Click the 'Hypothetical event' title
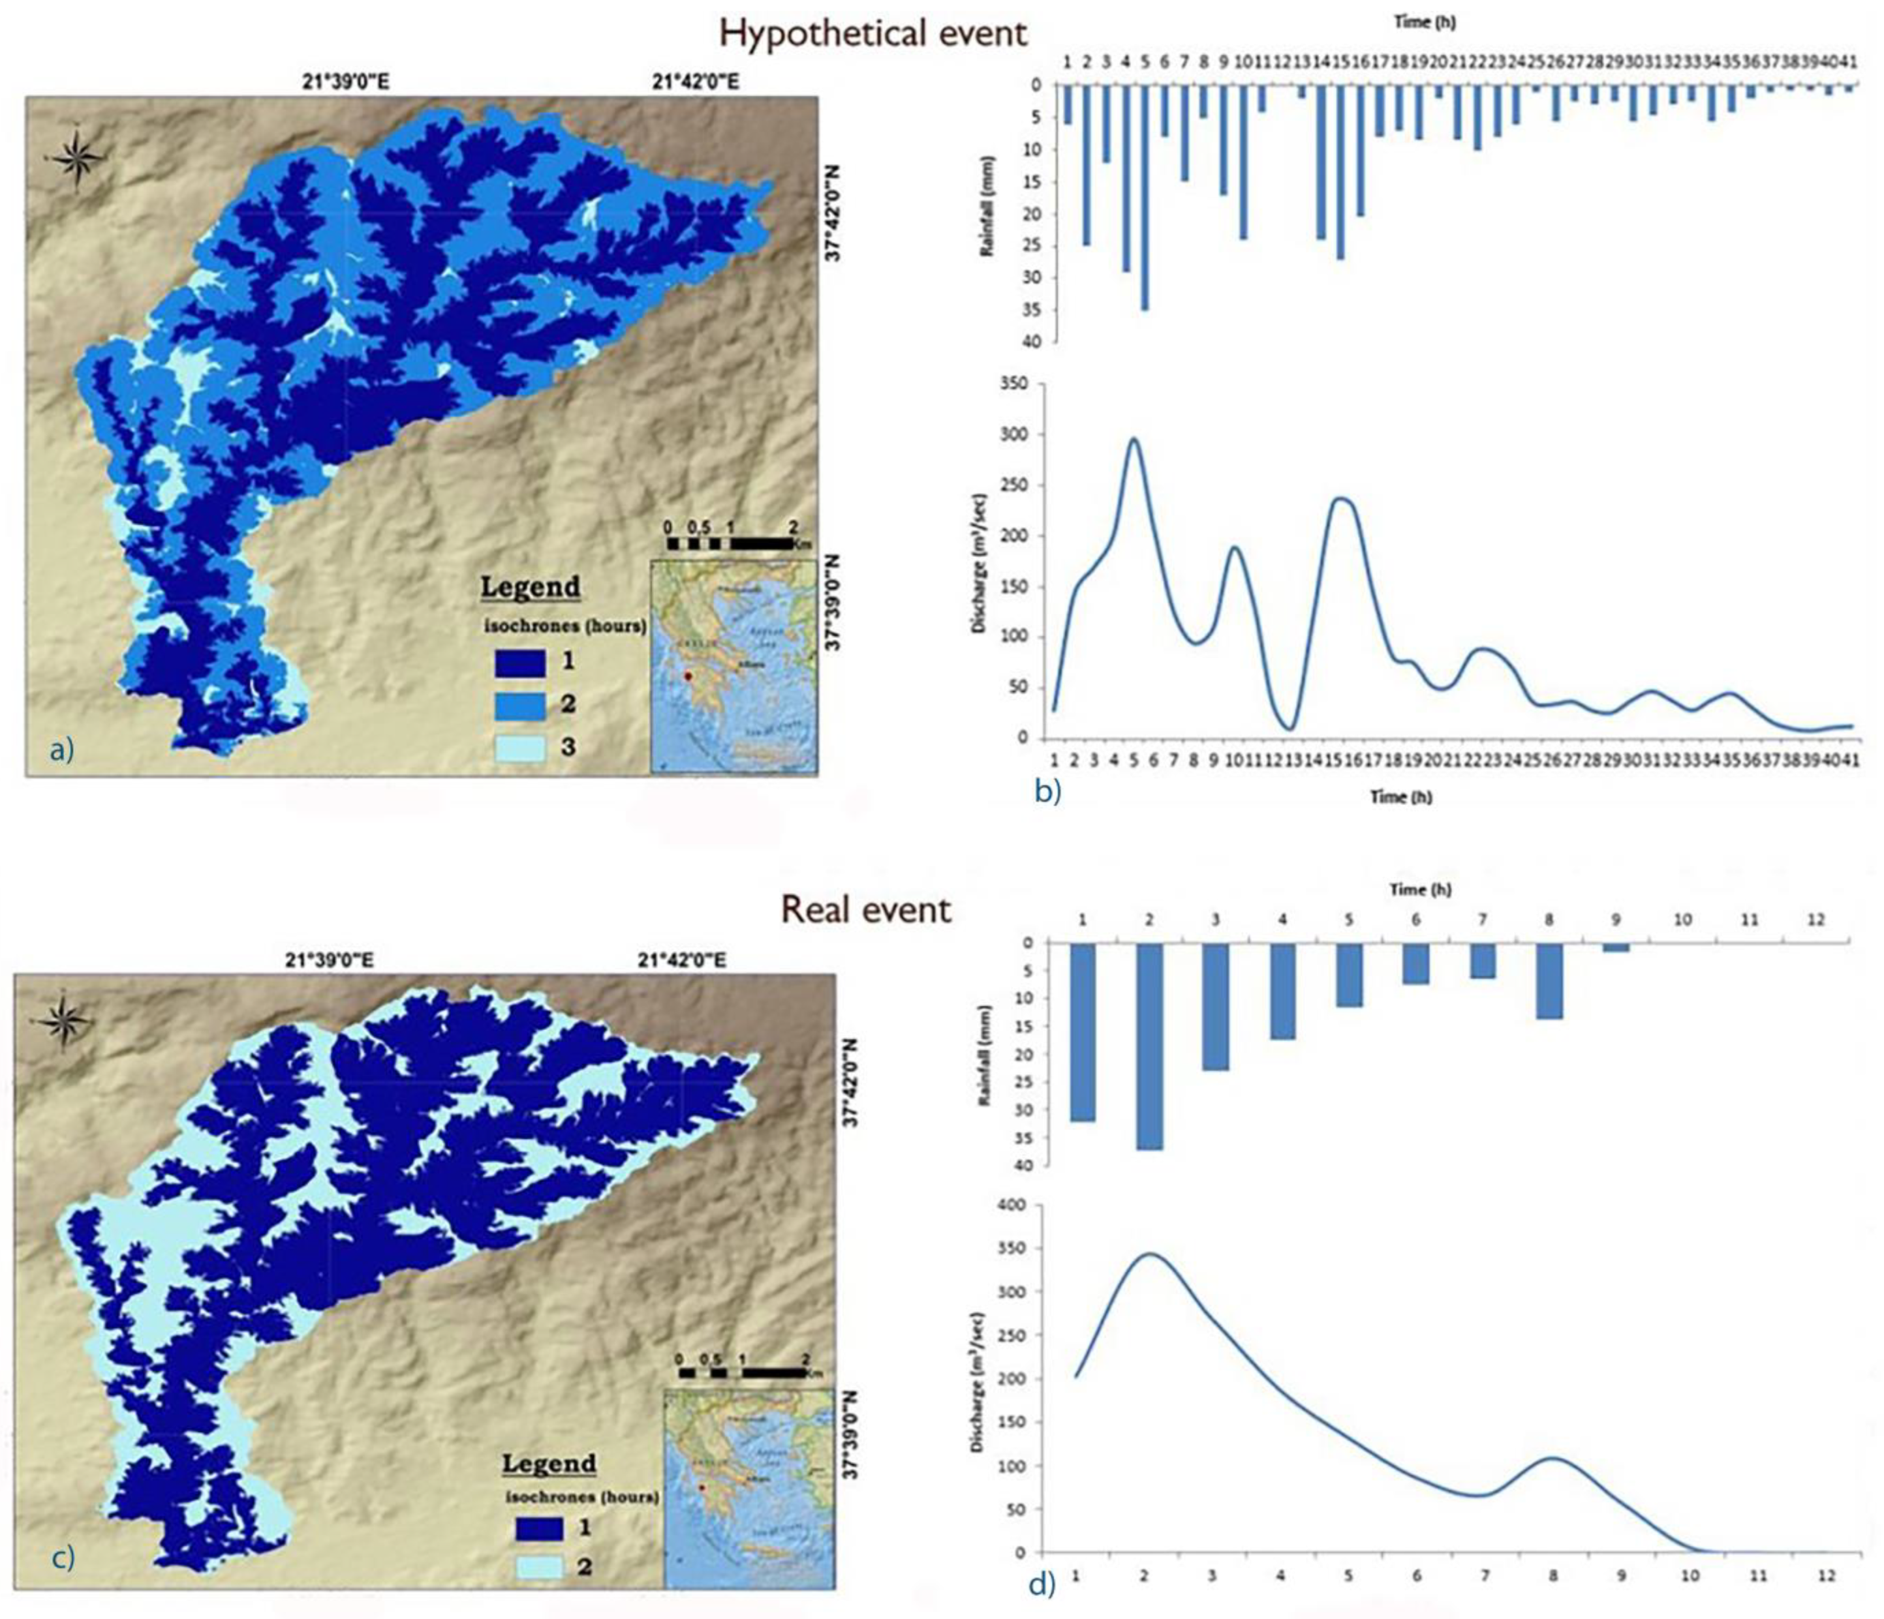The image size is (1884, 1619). (x=873, y=34)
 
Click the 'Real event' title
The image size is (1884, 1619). (x=867, y=909)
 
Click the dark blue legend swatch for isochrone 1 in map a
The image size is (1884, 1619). (x=520, y=663)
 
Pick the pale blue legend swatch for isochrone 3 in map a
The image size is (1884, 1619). (x=520, y=748)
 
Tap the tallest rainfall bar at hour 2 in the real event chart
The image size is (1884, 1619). (x=1149, y=1046)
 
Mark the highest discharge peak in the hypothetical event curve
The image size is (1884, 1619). (x=1134, y=439)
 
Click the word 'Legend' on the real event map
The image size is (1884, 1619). (x=548, y=1464)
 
